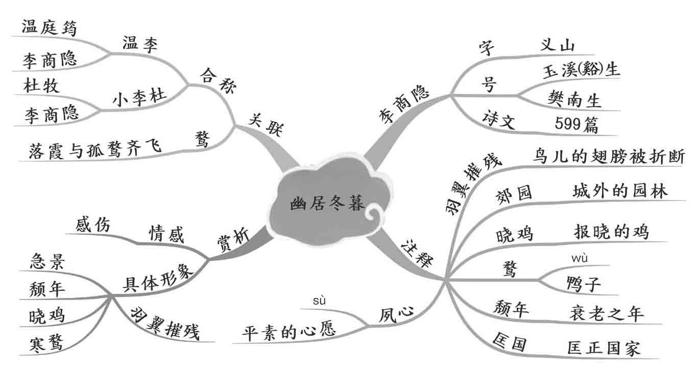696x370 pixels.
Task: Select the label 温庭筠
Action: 50,28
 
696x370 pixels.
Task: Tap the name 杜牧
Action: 41,85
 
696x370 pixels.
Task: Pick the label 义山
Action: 557,46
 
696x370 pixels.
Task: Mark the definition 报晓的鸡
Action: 611,231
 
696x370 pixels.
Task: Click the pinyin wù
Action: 580,258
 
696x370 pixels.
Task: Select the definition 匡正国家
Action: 604,348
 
